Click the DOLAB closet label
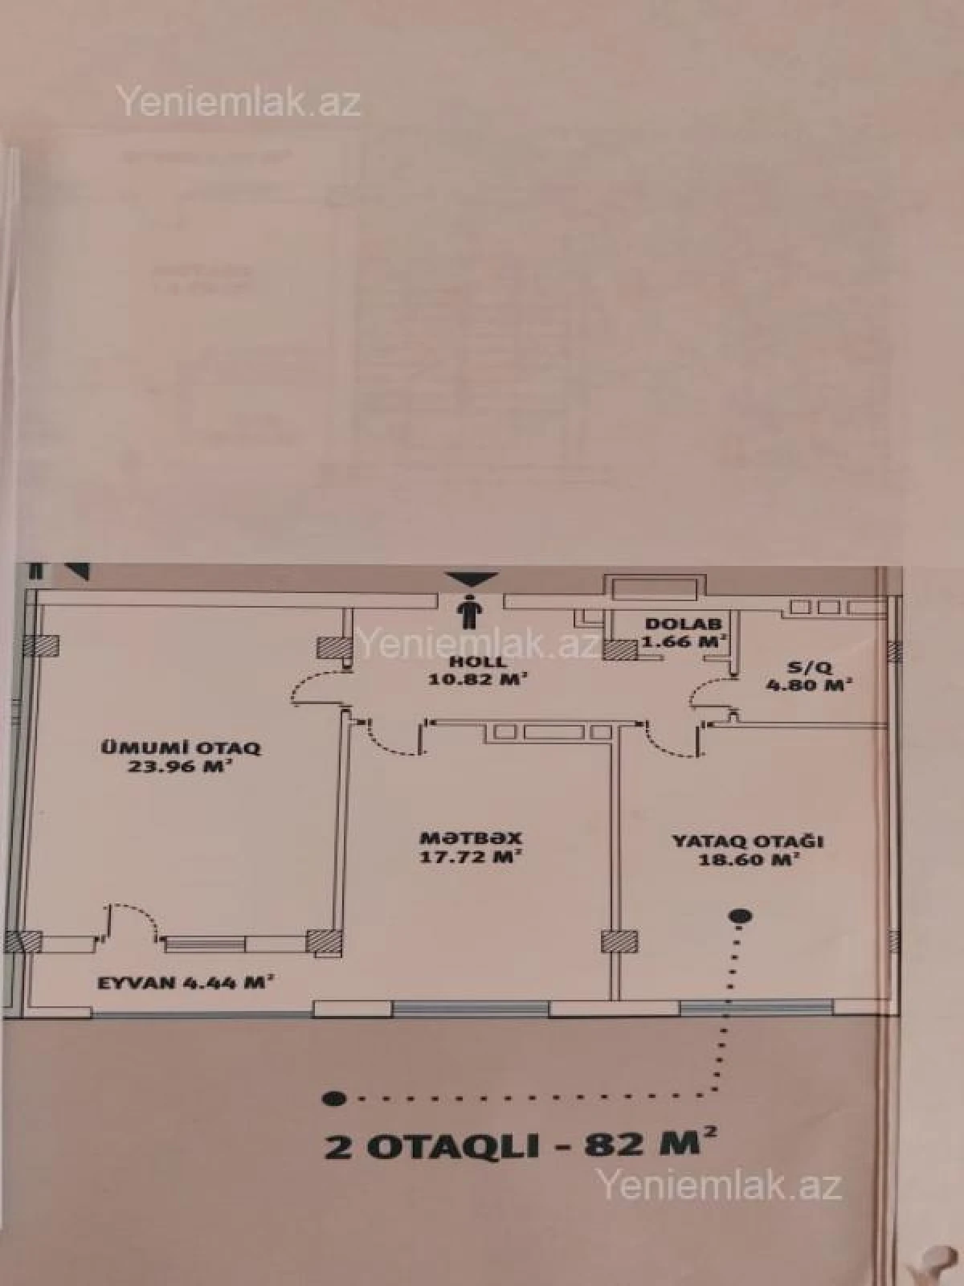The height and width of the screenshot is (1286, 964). (x=684, y=624)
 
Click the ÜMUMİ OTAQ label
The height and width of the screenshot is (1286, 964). (x=179, y=747)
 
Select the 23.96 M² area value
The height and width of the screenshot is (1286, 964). (x=179, y=766)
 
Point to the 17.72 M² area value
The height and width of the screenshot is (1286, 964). (x=472, y=856)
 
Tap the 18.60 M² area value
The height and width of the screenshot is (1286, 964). (x=748, y=859)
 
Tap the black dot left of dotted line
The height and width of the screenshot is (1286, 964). (x=329, y=1097)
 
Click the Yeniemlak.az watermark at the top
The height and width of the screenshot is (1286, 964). (x=239, y=103)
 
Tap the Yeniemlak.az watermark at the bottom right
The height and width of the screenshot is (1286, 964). (x=717, y=1185)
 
